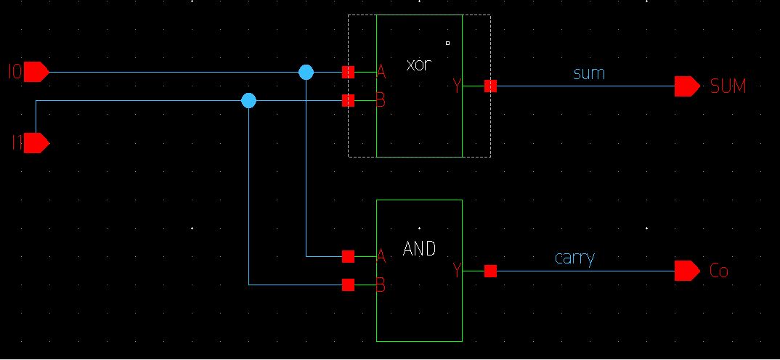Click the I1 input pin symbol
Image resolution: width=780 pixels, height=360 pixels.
36,143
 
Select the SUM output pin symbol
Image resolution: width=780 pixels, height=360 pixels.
686,86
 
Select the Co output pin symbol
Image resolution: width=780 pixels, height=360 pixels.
686,271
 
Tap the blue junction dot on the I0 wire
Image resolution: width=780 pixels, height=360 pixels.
306,72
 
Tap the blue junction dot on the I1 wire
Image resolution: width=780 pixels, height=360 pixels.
249,100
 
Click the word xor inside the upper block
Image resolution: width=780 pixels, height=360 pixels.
419,64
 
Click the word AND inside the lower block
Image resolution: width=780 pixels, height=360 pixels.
419,249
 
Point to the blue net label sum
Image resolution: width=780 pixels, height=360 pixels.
589,73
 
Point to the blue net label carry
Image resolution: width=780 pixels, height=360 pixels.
574,258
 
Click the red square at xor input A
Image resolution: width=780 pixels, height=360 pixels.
348,72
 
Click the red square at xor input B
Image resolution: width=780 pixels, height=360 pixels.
348,100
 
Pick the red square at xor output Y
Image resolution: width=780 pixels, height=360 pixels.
490,86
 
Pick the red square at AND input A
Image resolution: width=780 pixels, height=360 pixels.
348,256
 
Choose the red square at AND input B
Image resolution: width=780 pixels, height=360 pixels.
348,285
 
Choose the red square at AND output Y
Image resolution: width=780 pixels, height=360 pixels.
490,271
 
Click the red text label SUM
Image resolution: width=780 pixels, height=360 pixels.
728,87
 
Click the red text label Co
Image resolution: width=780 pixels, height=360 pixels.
718,271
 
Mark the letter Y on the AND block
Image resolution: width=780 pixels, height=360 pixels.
457,271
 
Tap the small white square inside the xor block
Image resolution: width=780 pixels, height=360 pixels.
447,44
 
